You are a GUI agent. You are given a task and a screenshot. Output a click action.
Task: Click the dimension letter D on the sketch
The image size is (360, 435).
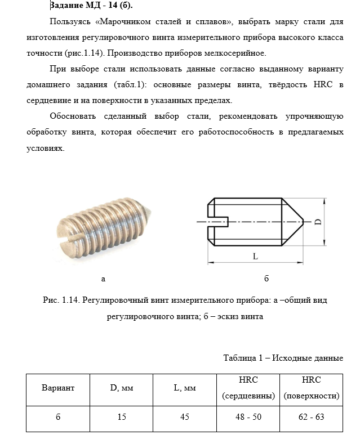(318, 221)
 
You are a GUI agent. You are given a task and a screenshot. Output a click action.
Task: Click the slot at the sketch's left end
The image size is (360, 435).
(217, 222)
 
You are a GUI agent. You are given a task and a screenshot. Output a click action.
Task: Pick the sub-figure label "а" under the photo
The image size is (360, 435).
(103, 279)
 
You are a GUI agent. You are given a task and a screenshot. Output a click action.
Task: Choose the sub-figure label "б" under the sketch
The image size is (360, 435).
(266, 279)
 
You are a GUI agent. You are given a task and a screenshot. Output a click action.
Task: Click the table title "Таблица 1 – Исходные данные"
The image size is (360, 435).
(283, 358)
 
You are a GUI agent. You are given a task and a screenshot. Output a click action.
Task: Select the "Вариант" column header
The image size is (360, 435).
(58, 388)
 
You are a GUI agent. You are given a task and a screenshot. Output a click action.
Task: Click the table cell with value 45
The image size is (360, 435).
(184, 418)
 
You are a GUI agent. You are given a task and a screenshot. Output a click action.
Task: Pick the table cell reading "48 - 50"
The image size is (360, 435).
(248, 418)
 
